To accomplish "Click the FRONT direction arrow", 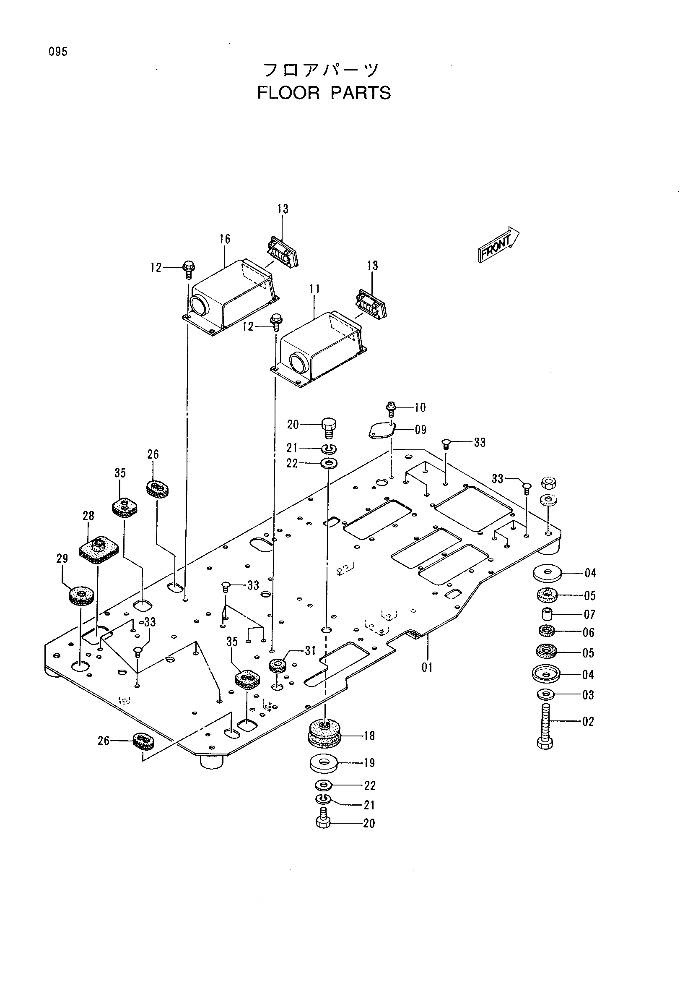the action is coord(498,244).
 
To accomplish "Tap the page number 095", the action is coord(58,52).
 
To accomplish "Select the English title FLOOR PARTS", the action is coord(324,93).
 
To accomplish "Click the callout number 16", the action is coord(225,239).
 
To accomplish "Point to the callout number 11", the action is coord(315,289).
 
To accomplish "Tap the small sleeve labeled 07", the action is coord(545,614).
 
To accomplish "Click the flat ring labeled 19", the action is coord(324,764).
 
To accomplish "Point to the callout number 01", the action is coord(428,667).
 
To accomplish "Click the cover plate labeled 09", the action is coord(381,430).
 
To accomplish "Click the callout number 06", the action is coord(589,632).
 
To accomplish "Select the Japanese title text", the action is coord(321,70).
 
